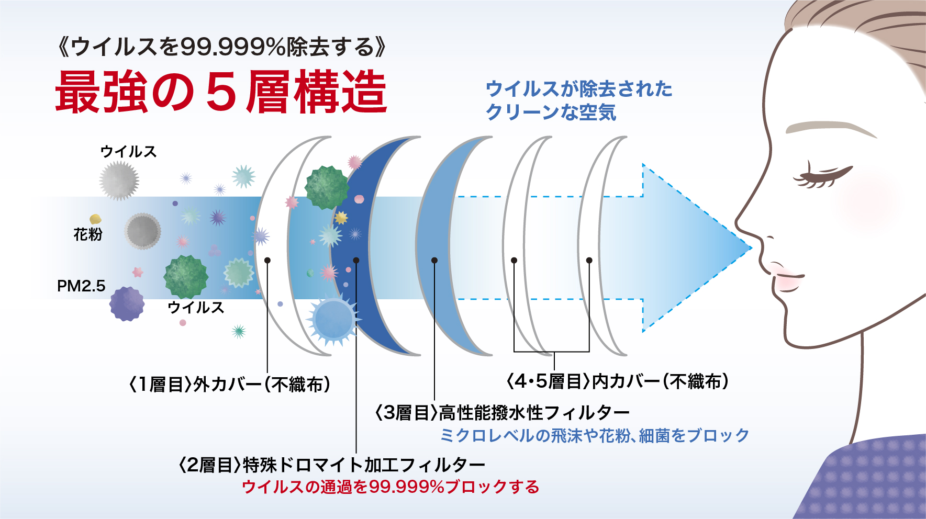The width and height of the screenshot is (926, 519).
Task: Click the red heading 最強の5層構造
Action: pos(221,93)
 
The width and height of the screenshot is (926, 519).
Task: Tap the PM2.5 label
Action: pos(81,286)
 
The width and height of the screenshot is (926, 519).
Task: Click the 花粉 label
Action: pos(88,234)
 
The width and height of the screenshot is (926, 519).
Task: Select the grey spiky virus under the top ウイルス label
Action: pos(119,180)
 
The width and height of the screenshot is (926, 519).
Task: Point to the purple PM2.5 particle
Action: pos(127,303)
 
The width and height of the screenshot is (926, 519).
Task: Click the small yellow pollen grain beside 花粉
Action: pos(95,219)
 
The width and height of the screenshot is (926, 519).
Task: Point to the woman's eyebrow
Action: pos(830,129)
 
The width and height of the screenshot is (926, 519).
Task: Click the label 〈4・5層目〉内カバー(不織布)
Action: pos(618,381)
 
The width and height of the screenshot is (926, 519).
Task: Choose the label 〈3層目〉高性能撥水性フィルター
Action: pos(503,413)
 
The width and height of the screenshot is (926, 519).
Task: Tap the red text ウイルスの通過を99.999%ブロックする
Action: pos(391,487)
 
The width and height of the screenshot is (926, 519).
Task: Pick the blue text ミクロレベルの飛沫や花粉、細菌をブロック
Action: pos(595,435)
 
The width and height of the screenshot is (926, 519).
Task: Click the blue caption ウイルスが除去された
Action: pos(579,88)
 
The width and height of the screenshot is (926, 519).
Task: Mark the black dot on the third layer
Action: pos(434,260)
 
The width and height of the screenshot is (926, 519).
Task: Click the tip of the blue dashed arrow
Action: pos(752,247)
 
